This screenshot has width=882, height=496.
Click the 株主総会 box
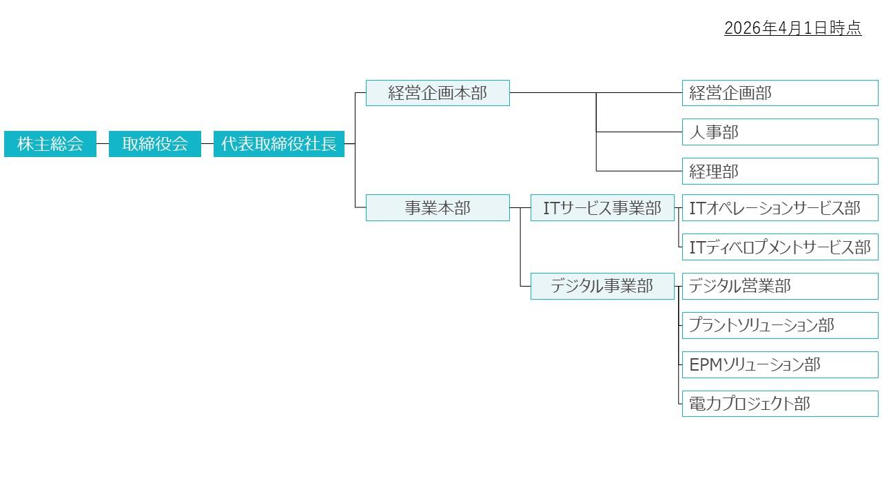(50, 144)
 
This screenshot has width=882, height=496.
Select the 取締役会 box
(155, 144)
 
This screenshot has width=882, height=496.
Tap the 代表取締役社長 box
(279, 144)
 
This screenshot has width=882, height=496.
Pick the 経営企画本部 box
(438, 93)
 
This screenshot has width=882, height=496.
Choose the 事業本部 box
(438, 207)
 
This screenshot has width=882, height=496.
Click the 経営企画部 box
(780, 93)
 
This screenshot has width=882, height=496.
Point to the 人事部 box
(780, 132)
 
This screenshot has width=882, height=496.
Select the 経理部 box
(780, 172)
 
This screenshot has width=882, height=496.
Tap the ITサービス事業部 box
(602, 207)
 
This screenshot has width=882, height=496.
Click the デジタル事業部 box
(602, 286)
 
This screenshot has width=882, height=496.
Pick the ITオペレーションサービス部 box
(780, 207)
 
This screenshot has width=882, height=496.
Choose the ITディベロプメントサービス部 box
(780, 247)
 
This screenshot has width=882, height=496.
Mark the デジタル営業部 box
(780, 286)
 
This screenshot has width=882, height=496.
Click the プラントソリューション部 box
(780, 325)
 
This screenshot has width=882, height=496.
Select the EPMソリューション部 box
(780, 364)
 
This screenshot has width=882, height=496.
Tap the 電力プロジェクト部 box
(780, 404)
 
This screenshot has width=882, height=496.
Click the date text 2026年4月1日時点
(792, 28)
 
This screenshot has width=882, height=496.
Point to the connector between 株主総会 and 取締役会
(103, 144)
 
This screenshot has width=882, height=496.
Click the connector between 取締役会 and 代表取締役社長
(207, 144)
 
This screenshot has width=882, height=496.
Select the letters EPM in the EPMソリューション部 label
(705, 365)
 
